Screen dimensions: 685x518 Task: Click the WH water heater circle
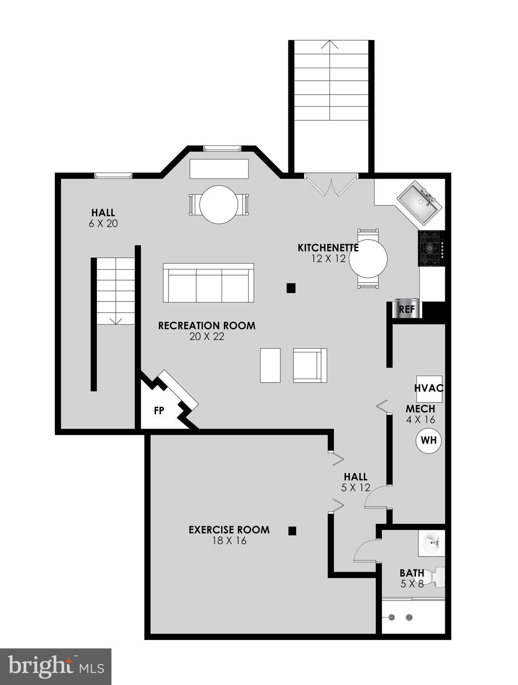(428, 441)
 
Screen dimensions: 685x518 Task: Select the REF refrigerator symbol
(406, 309)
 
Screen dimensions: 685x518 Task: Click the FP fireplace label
(159, 411)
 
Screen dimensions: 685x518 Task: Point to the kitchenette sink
(419, 203)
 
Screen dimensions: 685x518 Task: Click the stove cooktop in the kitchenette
(431, 248)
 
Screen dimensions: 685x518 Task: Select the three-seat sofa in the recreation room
(208, 283)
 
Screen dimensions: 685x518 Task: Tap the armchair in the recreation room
(310, 365)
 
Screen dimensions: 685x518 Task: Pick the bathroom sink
(432, 543)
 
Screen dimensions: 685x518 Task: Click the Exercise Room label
(229, 530)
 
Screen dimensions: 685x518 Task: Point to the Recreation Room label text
(207, 326)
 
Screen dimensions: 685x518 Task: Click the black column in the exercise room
(292, 531)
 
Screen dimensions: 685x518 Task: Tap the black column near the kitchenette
(291, 288)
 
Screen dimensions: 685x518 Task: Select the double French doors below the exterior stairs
(331, 185)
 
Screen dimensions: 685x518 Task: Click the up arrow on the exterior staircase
(330, 45)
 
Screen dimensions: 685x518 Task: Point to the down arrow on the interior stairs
(116, 320)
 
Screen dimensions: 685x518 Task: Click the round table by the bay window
(218, 205)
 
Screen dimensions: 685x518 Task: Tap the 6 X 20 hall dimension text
(103, 223)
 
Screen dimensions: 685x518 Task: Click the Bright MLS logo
(56, 666)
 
